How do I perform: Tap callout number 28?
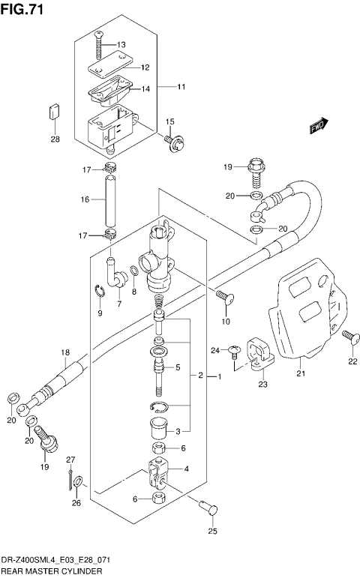pos(55,139)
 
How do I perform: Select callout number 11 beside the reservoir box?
pos(181,87)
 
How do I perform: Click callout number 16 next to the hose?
pos(85,199)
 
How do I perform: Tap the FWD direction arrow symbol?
pos(320,126)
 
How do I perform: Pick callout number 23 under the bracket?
pos(263,385)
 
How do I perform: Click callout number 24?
pos(215,350)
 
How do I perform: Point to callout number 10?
pos(224,323)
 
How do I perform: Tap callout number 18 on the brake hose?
pos(64,352)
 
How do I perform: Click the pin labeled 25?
pos(210,508)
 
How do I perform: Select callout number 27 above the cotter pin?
pos(71,460)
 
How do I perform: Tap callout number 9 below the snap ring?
pos(99,312)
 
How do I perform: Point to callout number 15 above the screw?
pos(170,121)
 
